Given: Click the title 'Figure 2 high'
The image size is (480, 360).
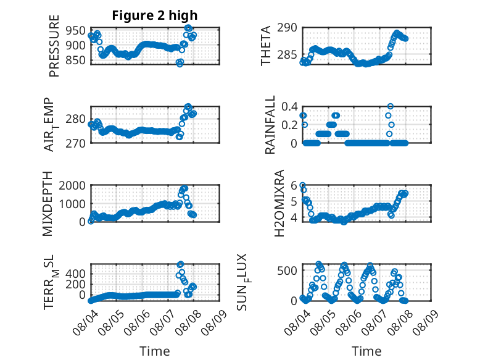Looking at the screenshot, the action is (155, 15).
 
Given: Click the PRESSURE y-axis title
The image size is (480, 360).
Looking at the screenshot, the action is (54, 46).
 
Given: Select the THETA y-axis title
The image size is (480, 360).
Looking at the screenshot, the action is (266, 46).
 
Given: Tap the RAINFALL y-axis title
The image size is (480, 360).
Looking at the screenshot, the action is (270, 125).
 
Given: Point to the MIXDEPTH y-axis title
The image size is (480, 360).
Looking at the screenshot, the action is (48, 204).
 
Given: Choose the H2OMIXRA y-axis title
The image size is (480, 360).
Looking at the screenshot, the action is (279, 203).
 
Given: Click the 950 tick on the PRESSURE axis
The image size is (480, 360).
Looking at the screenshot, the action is (75, 31).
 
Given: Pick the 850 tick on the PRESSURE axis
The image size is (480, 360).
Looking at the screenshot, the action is (75, 60).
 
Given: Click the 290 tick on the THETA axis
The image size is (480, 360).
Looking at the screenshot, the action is (287, 28).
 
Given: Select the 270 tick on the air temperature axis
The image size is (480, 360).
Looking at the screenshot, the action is (75, 143).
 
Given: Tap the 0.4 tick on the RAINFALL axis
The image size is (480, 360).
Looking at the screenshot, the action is (289, 107).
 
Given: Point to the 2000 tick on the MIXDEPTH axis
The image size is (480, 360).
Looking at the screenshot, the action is (72, 185).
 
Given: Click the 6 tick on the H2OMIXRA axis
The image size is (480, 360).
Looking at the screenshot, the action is (294, 185).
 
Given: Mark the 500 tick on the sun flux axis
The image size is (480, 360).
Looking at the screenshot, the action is (287, 270).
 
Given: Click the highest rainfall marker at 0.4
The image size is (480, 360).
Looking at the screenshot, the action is (391, 106).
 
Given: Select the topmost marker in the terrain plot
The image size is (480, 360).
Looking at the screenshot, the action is (180, 264).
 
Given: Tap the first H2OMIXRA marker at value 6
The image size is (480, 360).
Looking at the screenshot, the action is (302, 185).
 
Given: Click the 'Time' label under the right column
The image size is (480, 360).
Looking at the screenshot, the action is (366, 351).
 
